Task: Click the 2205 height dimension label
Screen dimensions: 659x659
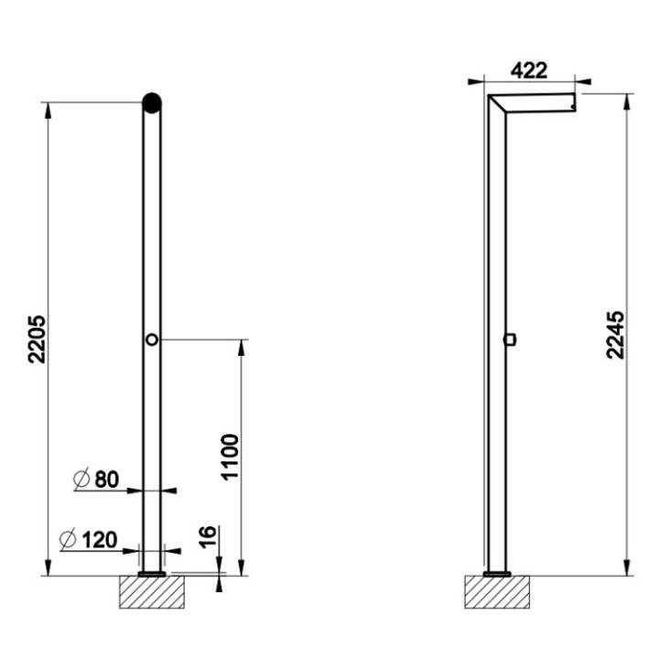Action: [x=36, y=340]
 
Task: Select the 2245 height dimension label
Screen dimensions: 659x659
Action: [x=617, y=335]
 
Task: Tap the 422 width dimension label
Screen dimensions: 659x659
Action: [x=528, y=70]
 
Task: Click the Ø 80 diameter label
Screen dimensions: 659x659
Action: [x=95, y=478]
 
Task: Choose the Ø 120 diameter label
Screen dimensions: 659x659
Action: [x=91, y=539]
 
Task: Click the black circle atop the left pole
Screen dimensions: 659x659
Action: [x=153, y=102]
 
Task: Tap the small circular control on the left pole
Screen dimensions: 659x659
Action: [x=153, y=340]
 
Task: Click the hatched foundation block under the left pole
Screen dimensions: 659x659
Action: [x=152, y=592]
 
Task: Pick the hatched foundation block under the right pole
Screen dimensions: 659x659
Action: [x=498, y=592]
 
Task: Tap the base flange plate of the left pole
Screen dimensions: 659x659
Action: [x=152, y=574]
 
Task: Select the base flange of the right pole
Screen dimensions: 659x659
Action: [x=497, y=574]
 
